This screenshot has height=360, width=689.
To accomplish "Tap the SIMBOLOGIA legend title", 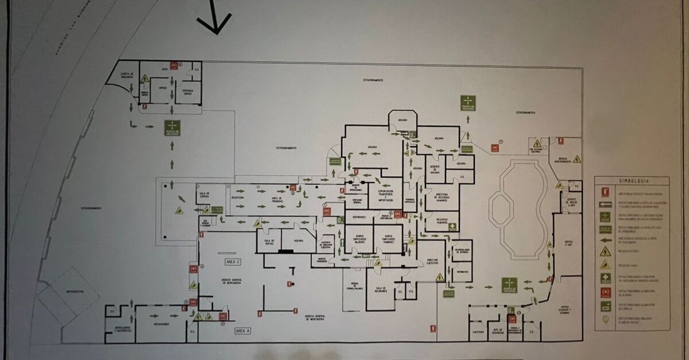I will point(632,180).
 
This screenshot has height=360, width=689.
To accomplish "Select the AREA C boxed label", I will point(233,261).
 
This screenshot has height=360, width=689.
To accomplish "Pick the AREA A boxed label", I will point(243,331).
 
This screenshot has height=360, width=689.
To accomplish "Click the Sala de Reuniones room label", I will point(381,289).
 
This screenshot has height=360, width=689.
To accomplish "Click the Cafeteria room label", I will point(478,331).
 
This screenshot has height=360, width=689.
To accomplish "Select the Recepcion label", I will point(237,197).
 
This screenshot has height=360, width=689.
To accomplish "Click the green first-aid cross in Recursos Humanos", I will point(453,226).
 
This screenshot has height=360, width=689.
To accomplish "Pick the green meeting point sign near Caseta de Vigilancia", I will point(172,127).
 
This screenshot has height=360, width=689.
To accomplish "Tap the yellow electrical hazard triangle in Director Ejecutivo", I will point(439,277).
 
